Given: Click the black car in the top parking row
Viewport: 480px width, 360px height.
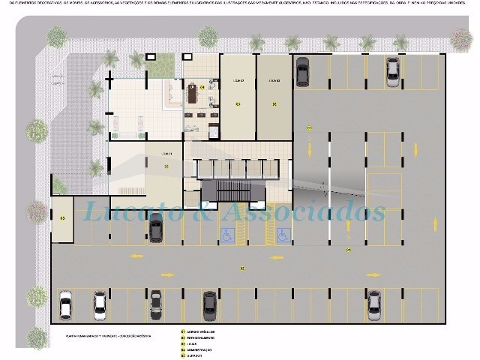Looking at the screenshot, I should [302, 72].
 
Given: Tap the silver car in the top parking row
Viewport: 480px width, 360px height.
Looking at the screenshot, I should [392, 71].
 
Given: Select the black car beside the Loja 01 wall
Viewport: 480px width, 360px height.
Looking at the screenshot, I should [155, 227].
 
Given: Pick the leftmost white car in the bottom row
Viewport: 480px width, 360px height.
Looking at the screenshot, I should [65, 304].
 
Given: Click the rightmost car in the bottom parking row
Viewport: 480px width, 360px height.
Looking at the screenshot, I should [373, 304].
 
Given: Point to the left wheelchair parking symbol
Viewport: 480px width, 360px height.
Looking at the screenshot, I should [226, 235].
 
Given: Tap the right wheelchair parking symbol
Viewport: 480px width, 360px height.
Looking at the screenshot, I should [283, 235].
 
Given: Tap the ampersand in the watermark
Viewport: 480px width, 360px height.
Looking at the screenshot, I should [201, 211].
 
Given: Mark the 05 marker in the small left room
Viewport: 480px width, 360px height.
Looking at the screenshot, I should [62, 218].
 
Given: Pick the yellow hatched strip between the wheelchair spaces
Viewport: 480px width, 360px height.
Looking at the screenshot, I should [254, 235].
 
